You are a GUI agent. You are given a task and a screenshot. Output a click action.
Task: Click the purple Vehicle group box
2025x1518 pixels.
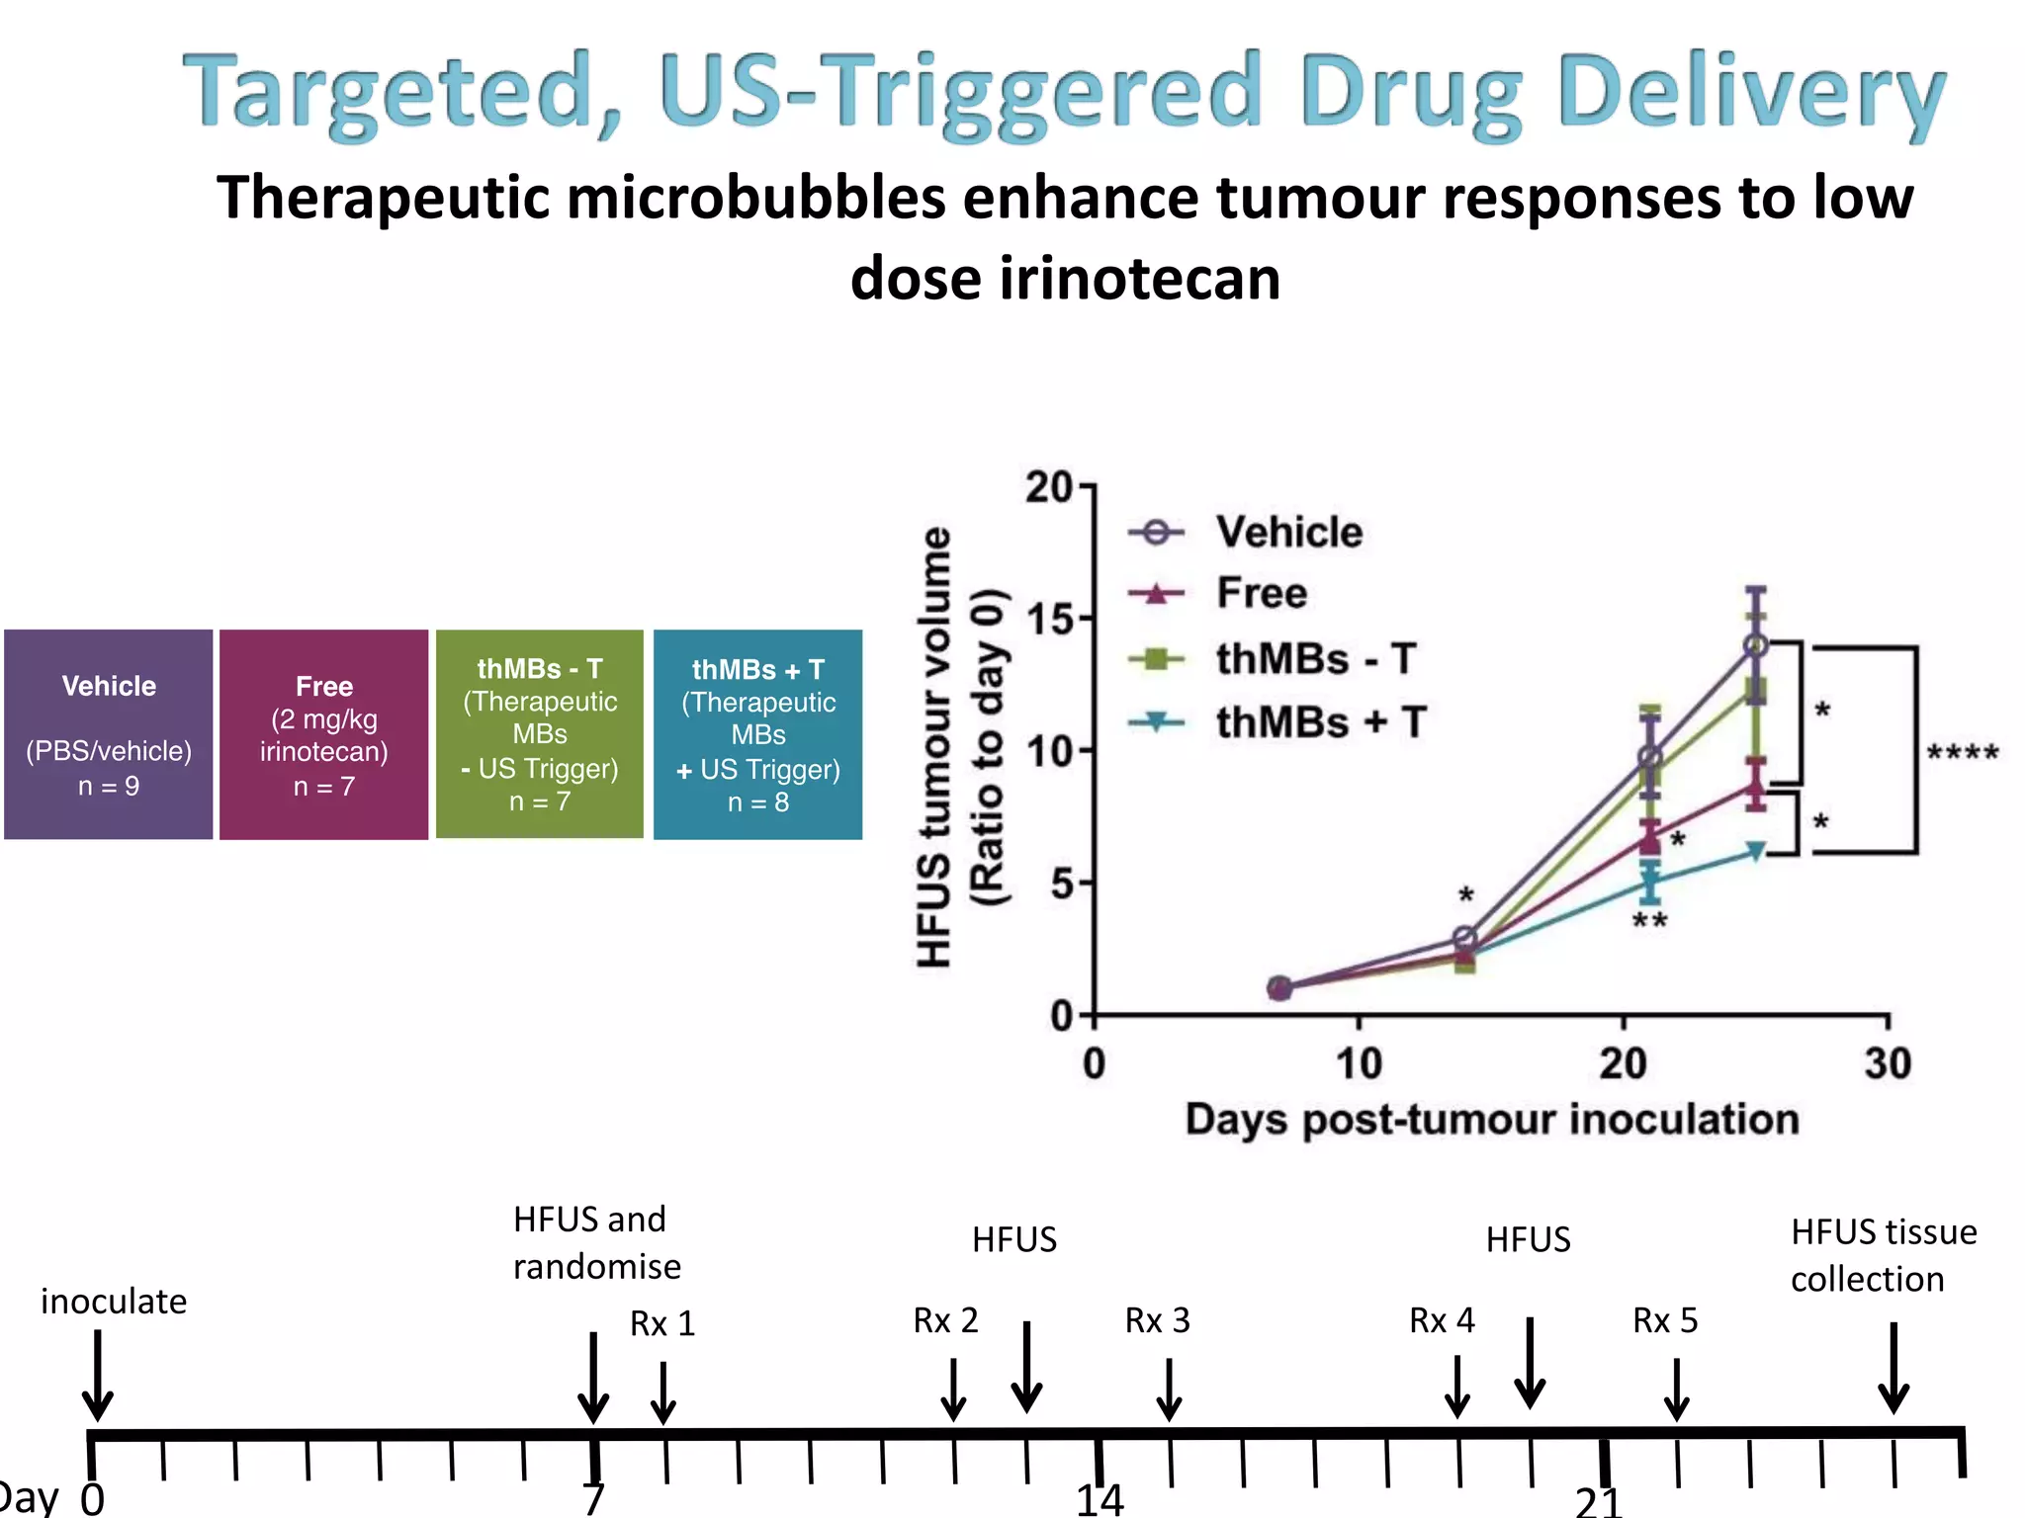point(109,734)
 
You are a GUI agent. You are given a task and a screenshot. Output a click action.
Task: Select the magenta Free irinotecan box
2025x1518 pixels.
point(324,734)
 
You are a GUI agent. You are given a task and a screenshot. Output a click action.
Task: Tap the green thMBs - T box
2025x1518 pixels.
point(540,734)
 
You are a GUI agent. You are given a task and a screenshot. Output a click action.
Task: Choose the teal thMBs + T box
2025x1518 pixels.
point(758,734)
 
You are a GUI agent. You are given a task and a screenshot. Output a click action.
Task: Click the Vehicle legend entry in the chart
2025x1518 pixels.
point(1288,533)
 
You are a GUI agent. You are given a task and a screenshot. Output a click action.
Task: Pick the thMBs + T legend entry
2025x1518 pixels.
point(1319,722)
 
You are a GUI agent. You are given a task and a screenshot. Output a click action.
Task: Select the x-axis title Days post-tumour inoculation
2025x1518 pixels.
point(1492,1120)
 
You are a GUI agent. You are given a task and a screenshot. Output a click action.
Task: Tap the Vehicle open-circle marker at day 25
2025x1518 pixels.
point(1756,645)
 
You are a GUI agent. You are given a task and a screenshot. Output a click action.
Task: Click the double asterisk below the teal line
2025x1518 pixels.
point(1649,922)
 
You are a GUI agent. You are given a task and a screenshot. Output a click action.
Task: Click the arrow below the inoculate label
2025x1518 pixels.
point(97,1376)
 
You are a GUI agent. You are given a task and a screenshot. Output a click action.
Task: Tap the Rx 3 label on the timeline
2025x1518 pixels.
point(1157,1320)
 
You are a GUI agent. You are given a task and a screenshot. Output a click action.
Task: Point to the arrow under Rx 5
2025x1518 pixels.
point(1676,1390)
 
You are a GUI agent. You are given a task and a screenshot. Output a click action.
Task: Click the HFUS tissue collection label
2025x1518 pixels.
point(1883,1255)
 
